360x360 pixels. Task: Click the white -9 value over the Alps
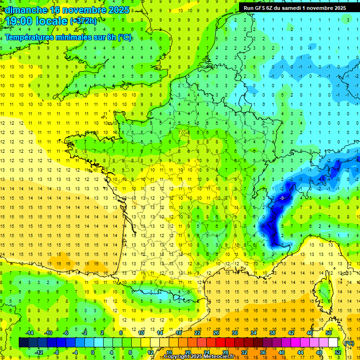click(x=282, y=198)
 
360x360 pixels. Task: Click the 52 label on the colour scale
click(x=338, y=352)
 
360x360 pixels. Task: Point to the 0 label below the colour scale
click(x=93, y=352)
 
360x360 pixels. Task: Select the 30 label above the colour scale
click(x=234, y=333)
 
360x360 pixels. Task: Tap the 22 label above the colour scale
click(x=197, y=333)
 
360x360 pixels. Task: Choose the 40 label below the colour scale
click(x=282, y=352)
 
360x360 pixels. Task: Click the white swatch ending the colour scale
click(x=333, y=343)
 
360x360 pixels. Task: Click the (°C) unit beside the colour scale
click(x=349, y=343)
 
